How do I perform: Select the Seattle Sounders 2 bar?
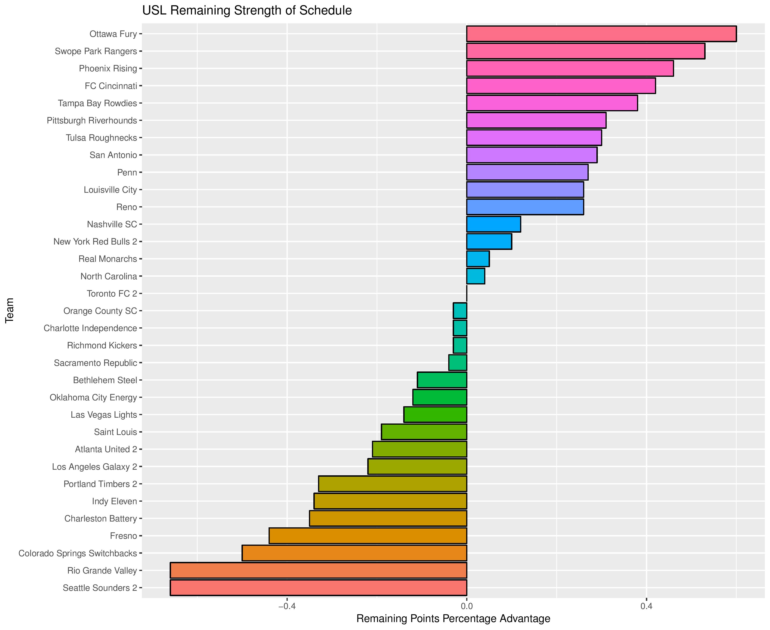click(318, 588)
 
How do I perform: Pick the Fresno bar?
click(367, 536)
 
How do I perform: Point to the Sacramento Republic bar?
click(458, 363)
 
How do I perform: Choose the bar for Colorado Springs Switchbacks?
click(354, 553)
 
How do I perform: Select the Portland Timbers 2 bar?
click(392, 484)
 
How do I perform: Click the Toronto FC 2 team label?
click(112, 294)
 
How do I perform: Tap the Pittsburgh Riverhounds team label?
click(92, 120)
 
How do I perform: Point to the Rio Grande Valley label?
click(102, 570)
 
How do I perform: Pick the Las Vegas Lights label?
click(104, 414)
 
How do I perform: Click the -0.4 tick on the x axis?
click(287, 606)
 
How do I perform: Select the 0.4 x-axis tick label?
click(646, 606)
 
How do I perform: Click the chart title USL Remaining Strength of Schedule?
click(247, 10)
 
